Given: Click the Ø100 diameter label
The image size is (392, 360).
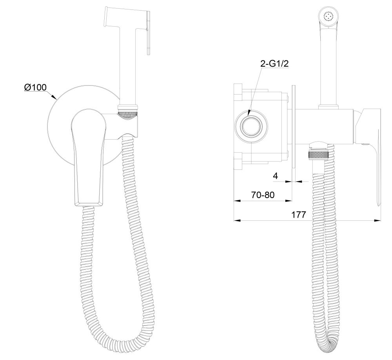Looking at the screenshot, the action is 35,87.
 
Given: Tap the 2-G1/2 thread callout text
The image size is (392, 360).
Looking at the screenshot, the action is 274,64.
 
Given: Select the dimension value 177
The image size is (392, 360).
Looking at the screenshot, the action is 298,215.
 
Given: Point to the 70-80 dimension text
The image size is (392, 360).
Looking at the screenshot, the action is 263,195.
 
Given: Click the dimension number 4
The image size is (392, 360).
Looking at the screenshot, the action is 275,176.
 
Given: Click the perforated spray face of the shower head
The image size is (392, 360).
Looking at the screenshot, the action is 329,16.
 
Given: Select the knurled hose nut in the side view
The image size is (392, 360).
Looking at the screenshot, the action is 319,155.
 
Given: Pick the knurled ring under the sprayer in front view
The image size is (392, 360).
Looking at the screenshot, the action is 127,115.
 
